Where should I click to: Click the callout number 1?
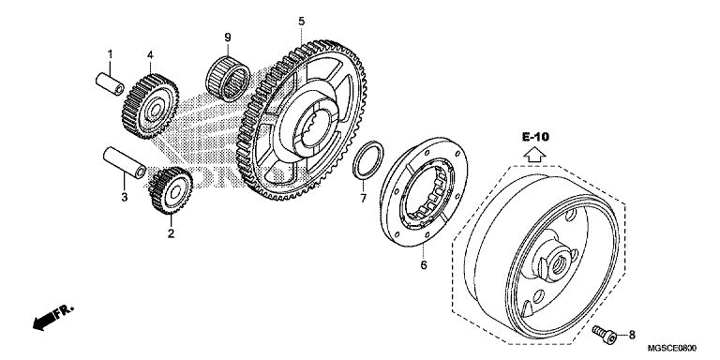click(x=110, y=54)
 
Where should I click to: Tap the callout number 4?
click(x=150, y=55)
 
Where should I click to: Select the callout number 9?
click(x=228, y=37)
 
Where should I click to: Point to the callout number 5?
click(x=301, y=22)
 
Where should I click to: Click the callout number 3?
click(x=125, y=198)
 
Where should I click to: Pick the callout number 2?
click(x=171, y=233)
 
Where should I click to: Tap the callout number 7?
click(x=363, y=199)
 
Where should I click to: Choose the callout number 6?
click(x=424, y=265)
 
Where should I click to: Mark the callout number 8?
click(x=632, y=335)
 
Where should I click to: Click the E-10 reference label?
click(x=535, y=136)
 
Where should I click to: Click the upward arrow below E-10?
click(x=535, y=155)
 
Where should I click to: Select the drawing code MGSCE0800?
click(x=671, y=348)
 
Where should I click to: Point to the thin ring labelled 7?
click(x=368, y=160)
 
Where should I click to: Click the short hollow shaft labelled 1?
click(x=111, y=84)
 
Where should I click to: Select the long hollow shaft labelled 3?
click(x=125, y=162)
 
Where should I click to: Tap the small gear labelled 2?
click(x=171, y=190)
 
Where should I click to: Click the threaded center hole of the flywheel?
click(x=558, y=265)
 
